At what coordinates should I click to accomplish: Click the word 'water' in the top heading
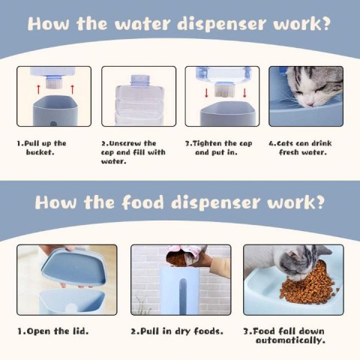(x=142, y=23)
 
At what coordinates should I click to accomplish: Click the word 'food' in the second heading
(x=142, y=202)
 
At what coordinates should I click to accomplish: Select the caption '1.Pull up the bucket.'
(x=41, y=148)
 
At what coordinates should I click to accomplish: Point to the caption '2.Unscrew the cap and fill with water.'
(x=133, y=152)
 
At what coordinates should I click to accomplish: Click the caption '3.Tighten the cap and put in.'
(x=219, y=148)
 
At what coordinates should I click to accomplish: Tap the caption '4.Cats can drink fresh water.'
(x=300, y=148)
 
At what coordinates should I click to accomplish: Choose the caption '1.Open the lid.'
(x=53, y=331)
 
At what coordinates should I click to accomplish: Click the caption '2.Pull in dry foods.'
(x=177, y=331)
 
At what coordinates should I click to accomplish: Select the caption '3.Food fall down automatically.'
(x=284, y=336)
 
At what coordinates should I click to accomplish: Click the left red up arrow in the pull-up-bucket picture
(x=38, y=89)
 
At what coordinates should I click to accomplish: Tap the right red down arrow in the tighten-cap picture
(x=244, y=93)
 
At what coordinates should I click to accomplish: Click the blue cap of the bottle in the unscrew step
(x=140, y=79)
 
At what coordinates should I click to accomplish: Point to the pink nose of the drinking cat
(x=310, y=103)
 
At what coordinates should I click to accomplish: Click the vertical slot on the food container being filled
(x=183, y=294)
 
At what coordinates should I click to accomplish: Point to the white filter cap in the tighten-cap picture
(x=225, y=90)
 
